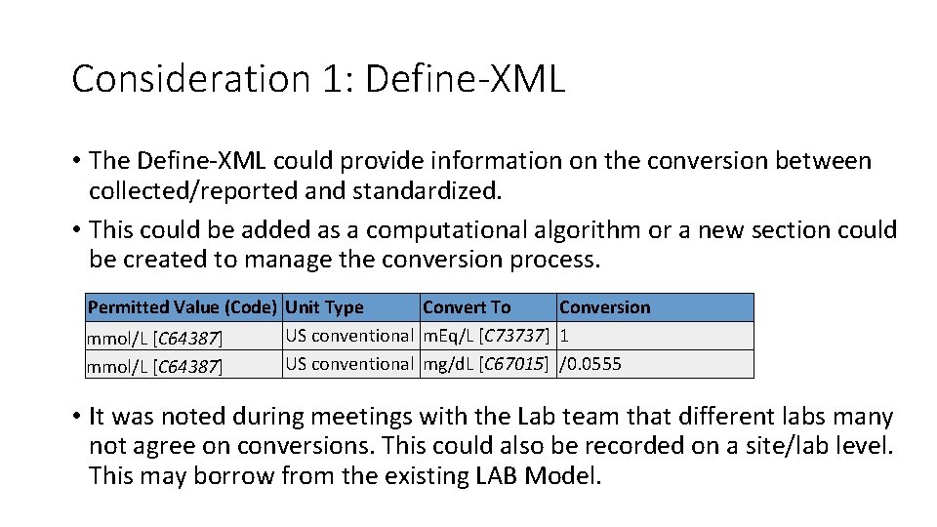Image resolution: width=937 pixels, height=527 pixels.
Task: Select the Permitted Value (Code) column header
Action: pos(183,307)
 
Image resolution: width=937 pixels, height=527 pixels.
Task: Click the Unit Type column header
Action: pos(324,307)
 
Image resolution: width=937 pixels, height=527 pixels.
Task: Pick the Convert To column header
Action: pos(467,307)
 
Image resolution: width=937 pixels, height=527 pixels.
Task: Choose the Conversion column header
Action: pos(604,307)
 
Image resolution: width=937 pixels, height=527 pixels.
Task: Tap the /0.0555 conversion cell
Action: pos(590,364)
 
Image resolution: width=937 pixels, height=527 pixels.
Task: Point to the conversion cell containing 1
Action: pos(564,336)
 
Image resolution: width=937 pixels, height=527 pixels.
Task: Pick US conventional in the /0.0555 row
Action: pos(349,364)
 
